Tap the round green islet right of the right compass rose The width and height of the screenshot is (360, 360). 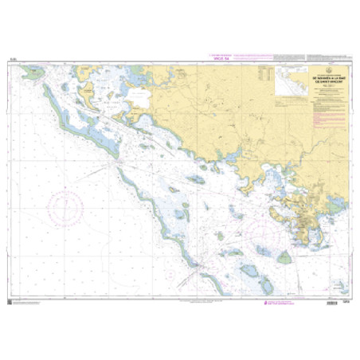tap(284, 256)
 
